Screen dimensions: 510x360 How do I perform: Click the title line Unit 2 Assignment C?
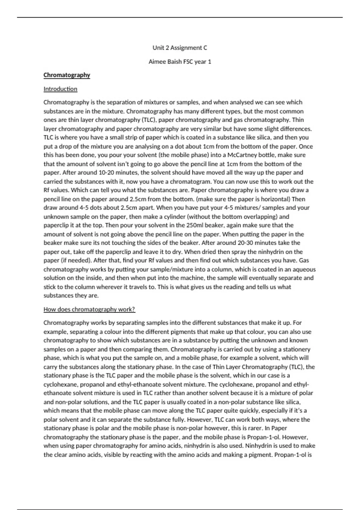coord(180,48)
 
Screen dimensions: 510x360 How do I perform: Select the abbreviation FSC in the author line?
coord(188,62)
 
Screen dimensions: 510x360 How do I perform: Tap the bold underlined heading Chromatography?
coord(67,75)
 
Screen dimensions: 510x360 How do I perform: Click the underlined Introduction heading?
coord(60,89)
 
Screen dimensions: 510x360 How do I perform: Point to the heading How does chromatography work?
coord(89,309)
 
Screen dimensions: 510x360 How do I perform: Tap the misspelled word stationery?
coord(296,349)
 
